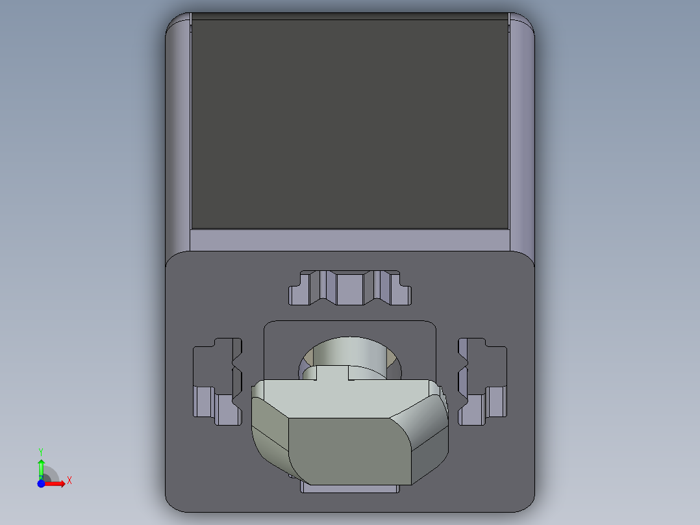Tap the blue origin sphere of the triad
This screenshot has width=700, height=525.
coord(41,484)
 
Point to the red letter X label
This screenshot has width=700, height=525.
coord(69,481)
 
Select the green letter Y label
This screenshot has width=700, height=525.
coord(41,451)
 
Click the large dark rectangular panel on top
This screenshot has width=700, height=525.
coord(349,123)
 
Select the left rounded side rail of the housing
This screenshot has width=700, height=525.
coord(178,130)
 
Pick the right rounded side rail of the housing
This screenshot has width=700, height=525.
coord(521,130)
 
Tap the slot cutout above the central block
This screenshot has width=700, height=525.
coord(350,287)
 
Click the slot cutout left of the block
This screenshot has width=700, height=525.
coord(216,383)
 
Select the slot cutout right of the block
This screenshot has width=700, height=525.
coord(483,383)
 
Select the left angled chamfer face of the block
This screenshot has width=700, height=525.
coord(268,435)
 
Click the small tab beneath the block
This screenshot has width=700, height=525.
coord(351,489)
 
